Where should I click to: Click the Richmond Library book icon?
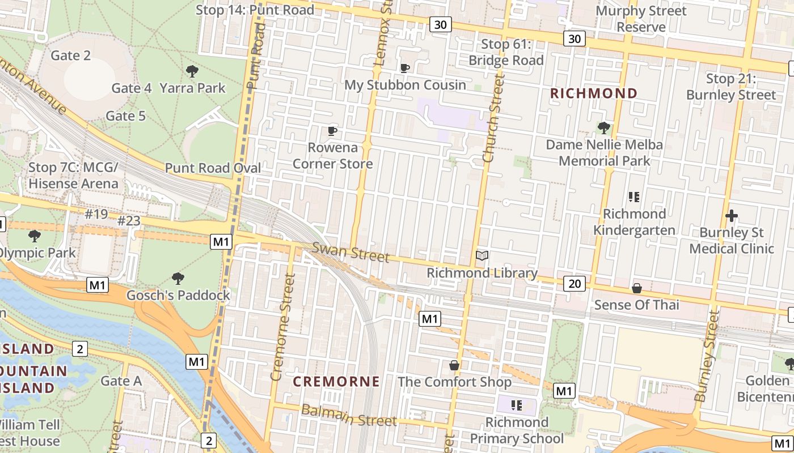[482, 256]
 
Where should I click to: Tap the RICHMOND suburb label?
[594, 93]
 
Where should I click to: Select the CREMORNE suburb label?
[336, 382]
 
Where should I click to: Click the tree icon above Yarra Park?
[192, 71]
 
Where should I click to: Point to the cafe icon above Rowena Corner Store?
[332, 131]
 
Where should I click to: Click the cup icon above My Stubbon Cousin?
[405, 69]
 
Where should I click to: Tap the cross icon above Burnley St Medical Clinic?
[732, 216]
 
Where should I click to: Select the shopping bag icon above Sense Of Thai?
[637, 288]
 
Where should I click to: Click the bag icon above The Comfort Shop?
[454, 365]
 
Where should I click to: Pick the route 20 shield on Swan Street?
[575, 283]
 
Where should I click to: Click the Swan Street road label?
[351, 253]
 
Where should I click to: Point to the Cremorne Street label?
[283, 327]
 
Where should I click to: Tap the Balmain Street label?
[348, 416]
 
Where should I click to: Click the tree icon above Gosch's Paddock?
[178, 279]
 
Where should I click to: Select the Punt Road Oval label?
[213, 168]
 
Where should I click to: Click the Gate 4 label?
[131, 88]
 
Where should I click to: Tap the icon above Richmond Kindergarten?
[634, 197]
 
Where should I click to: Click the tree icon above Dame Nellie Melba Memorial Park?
[604, 128]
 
